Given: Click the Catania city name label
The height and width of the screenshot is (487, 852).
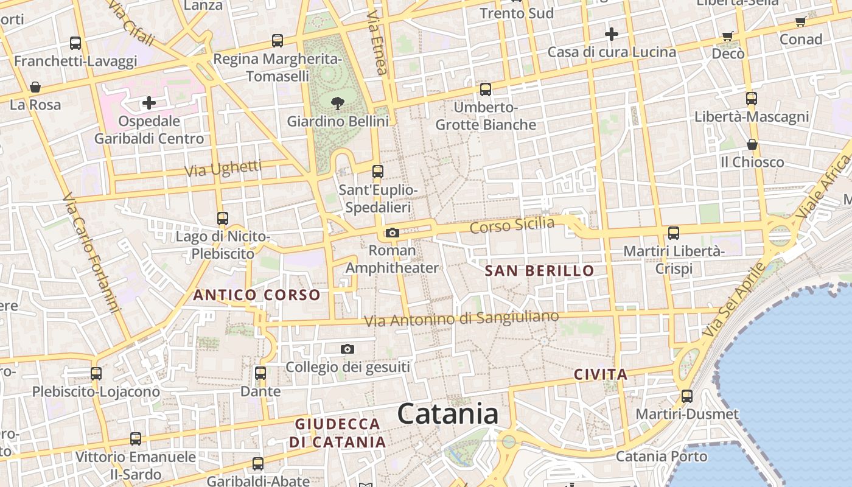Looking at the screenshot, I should point(448,414).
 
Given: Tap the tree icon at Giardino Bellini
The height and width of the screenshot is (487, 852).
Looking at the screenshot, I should point(337,103).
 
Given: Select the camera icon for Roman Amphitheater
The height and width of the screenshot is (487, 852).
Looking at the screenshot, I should point(392,233).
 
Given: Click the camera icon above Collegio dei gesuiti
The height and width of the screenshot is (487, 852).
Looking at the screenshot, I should point(347,349).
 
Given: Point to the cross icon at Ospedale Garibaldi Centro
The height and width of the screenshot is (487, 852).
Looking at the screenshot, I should point(149,103).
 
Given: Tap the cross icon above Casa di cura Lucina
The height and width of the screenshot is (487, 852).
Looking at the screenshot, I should point(612,34).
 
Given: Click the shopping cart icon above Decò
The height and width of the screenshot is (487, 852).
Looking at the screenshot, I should point(728,36).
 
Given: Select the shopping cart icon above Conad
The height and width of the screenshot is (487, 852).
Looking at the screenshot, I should point(801,22).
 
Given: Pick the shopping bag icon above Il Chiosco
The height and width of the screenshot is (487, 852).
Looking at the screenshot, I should point(752,144).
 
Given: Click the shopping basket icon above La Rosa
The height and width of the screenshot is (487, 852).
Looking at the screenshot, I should point(35,87).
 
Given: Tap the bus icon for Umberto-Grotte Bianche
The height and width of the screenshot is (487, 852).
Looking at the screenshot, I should point(486,89).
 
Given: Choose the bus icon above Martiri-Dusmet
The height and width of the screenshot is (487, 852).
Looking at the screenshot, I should point(687,396).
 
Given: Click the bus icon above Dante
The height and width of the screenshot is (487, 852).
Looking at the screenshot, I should point(260,373).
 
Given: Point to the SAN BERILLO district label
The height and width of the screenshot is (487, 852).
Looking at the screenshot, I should point(539,271).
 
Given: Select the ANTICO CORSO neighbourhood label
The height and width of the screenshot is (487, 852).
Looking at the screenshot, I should point(256,295).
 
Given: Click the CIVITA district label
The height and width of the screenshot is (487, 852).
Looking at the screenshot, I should point(600,374).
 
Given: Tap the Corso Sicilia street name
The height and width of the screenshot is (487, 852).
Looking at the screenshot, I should point(512,225).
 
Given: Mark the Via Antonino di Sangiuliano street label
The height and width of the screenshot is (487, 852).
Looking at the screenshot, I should point(461,318).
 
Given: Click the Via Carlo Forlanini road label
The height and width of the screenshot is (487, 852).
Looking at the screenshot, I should point(90,253).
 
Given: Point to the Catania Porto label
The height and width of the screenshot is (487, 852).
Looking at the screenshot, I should point(662,456).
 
